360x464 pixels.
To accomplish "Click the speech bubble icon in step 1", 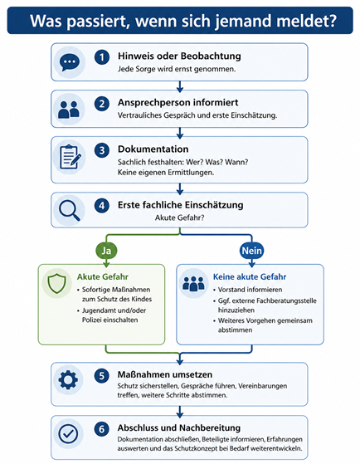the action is point(70,63).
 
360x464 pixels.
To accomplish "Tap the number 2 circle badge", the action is point(102,104).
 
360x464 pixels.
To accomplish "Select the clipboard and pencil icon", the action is point(71,157).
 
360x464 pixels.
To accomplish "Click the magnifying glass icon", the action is point(69,210).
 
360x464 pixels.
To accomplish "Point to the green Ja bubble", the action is point(106,251).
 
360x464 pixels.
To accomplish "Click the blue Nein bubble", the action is point(251,251).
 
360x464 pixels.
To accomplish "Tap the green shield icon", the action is point(56,284).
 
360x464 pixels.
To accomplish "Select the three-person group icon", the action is point(193,284).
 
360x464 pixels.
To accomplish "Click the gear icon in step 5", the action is point(68,379).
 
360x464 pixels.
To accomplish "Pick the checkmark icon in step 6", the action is point(68,433).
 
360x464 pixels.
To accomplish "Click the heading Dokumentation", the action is point(153,149).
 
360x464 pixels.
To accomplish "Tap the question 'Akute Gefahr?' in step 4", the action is point(179,217).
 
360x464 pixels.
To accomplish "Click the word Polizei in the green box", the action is point(92,320).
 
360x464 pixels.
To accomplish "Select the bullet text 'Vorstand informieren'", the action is point(250,290).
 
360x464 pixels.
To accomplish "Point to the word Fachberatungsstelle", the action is point(286,300).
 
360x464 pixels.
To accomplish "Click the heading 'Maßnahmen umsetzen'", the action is point(165,374).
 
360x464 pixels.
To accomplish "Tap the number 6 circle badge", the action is point(102,429).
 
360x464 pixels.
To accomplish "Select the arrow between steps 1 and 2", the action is point(179,86).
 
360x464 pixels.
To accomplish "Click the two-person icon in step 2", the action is point(69,110).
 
